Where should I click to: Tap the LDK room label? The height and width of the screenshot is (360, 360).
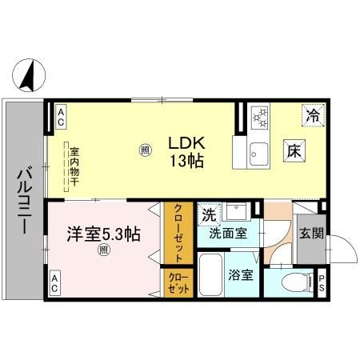(x=186, y=143)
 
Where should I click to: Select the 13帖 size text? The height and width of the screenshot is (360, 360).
(x=186, y=161)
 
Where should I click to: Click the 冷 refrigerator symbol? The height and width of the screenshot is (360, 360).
(x=314, y=116)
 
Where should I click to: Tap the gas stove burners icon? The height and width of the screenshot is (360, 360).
(x=260, y=118)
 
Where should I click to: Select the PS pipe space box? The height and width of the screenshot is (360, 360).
(x=322, y=282)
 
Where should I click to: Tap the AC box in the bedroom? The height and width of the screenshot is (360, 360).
(x=54, y=282)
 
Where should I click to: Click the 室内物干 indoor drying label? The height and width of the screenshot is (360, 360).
(x=74, y=164)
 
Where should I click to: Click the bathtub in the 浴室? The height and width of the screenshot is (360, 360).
(x=210, y=277)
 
